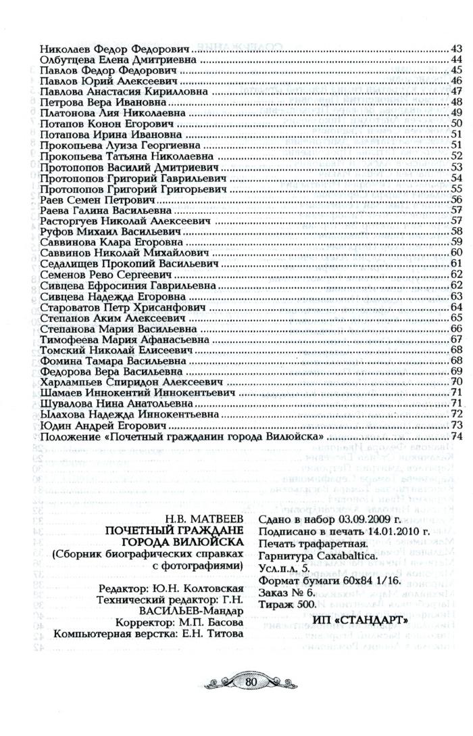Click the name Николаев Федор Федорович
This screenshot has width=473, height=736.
(x=116, y=49)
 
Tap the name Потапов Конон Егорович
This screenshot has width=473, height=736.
(x=109, y=123)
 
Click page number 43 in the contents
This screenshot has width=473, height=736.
(x=455, y=49)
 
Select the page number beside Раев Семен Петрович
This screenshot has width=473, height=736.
(x=455, y=200)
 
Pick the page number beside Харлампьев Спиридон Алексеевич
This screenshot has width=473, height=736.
(x=455, y=382)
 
